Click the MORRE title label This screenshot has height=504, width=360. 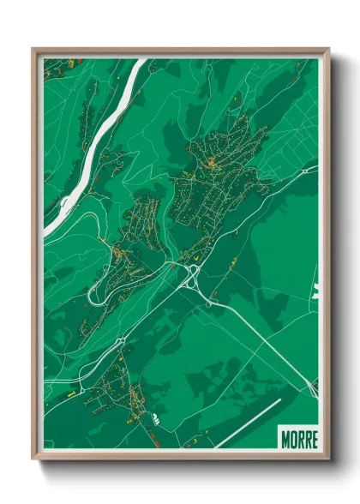(x=297, y=437)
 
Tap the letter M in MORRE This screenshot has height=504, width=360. (x=285, y=437)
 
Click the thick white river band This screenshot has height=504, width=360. (x=94, y=146)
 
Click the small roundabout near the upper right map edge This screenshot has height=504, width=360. (x=304, y=171)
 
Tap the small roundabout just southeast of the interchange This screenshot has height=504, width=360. (x=208, y=303)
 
